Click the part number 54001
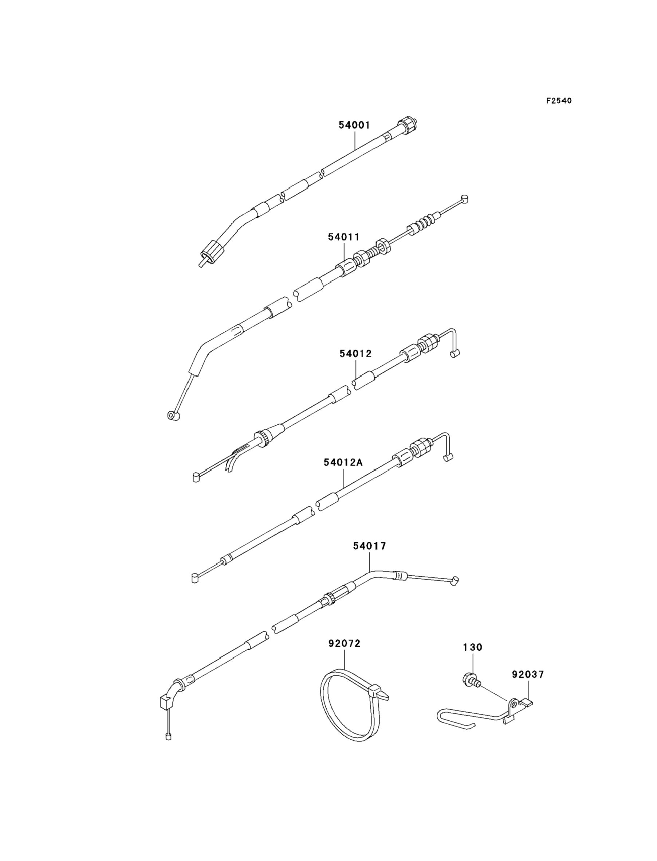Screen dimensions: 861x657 (354, 125)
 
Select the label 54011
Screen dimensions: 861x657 (343, 237)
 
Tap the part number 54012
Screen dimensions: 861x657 (355, 353)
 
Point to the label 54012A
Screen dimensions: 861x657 (343, 462)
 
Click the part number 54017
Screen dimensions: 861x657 (369, 546)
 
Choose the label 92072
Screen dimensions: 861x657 (344, 643)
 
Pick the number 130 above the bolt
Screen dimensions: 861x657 (472, 647)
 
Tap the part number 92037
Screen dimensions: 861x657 (528, 674)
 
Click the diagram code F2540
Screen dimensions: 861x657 (559, 101)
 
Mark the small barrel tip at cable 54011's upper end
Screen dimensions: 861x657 (464, 198)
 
